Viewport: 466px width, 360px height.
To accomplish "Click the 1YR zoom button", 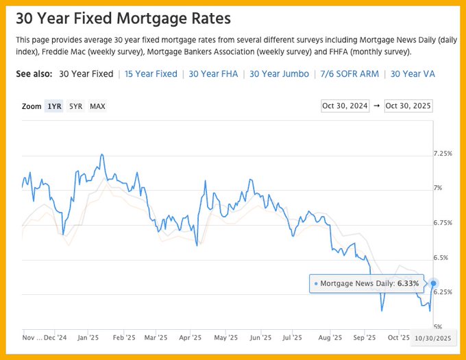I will [x=54, y=106].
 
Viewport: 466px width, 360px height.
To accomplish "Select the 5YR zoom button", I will [x=75, y=106].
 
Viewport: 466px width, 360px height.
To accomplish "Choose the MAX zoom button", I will [x=97, y=106].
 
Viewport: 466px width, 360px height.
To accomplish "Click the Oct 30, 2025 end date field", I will [x=408, y=106].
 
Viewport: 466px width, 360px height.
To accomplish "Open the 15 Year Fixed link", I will [x=151, y=74].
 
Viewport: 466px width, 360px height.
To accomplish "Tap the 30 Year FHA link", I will [x=213, y=74].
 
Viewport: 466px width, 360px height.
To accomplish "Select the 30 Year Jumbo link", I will [x=279, y=74].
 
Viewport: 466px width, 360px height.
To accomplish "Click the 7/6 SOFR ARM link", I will [x=349, y=74].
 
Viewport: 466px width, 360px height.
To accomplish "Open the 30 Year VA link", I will [x=412, y=74].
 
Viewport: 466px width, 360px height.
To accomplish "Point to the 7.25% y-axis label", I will [x=443, y=154].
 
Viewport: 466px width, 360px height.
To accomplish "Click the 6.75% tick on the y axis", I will [x=443, y=223].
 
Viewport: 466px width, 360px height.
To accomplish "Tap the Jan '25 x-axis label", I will [x=88, y=337].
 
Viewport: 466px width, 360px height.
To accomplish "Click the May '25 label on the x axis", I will [x=225, y=337].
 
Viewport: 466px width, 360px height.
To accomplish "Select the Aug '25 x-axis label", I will [x=330, y=337].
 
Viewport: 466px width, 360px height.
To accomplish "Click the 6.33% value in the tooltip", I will [x=408, y=283].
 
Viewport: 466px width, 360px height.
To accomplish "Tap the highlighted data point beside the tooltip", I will [x=433, y=283].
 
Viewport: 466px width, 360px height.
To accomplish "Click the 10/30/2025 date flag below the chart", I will [x=433, y=338].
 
